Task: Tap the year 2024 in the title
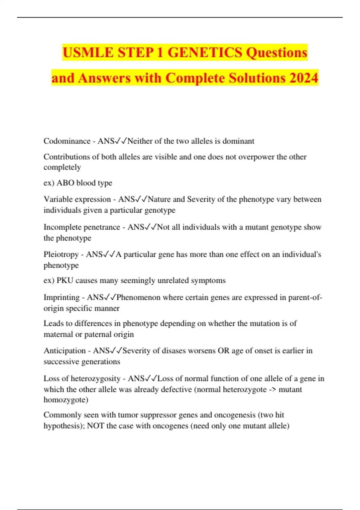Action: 304,78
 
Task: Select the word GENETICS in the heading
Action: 205,53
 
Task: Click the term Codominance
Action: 67,141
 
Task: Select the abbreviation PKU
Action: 65,280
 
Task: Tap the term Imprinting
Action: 61,297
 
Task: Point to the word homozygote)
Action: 66,400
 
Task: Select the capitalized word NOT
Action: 95,426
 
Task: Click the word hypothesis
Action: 64,426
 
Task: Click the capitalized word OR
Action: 223,351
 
